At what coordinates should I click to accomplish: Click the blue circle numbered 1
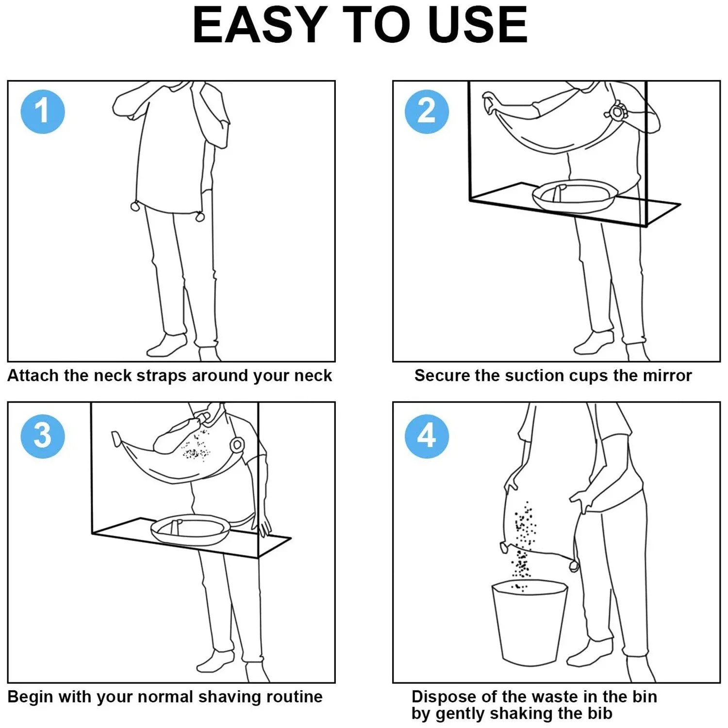tap(43, 112)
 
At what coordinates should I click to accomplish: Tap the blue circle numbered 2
tap(427, 112)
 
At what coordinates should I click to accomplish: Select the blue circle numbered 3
tap(43, 436)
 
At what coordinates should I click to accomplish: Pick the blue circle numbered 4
tap(427, 436)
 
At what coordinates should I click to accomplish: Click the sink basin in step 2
tap(575, 197)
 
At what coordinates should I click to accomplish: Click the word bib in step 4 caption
tap(601, 713)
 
